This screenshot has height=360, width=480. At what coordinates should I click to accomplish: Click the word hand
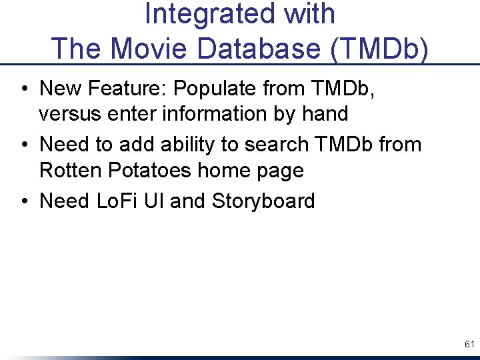click(x=325, y=114)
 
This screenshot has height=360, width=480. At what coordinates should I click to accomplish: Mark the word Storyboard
click(x=263, y=201)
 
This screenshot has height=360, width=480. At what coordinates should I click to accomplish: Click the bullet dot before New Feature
click(x=24, y=89)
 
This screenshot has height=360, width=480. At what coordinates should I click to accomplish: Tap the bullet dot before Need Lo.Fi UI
click(x=24, y=201)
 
